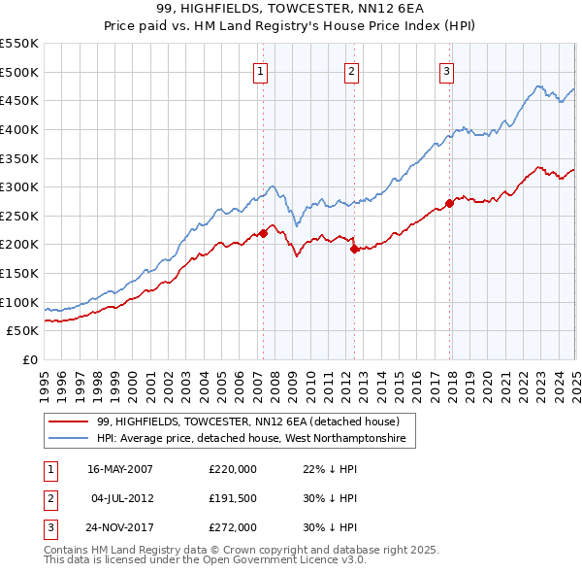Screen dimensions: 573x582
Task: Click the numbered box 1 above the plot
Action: click(x=262, y=70)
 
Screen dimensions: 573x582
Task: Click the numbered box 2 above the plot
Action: click(x=351, y=70)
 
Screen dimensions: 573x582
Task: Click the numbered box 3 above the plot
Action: click(x=446, y=70)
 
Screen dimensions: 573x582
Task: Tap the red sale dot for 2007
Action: click(x=263, y=233)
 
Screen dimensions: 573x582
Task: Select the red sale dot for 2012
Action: click(x=354, y=249)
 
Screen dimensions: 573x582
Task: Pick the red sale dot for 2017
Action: click(x=450, y=203)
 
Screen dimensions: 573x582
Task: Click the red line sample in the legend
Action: click(x=68, y=421)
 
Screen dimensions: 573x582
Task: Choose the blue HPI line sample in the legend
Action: click(x=68, y=440)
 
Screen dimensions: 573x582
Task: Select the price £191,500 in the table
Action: click(x=233, y=499)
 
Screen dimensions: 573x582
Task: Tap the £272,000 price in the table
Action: click(x=233, y=529)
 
